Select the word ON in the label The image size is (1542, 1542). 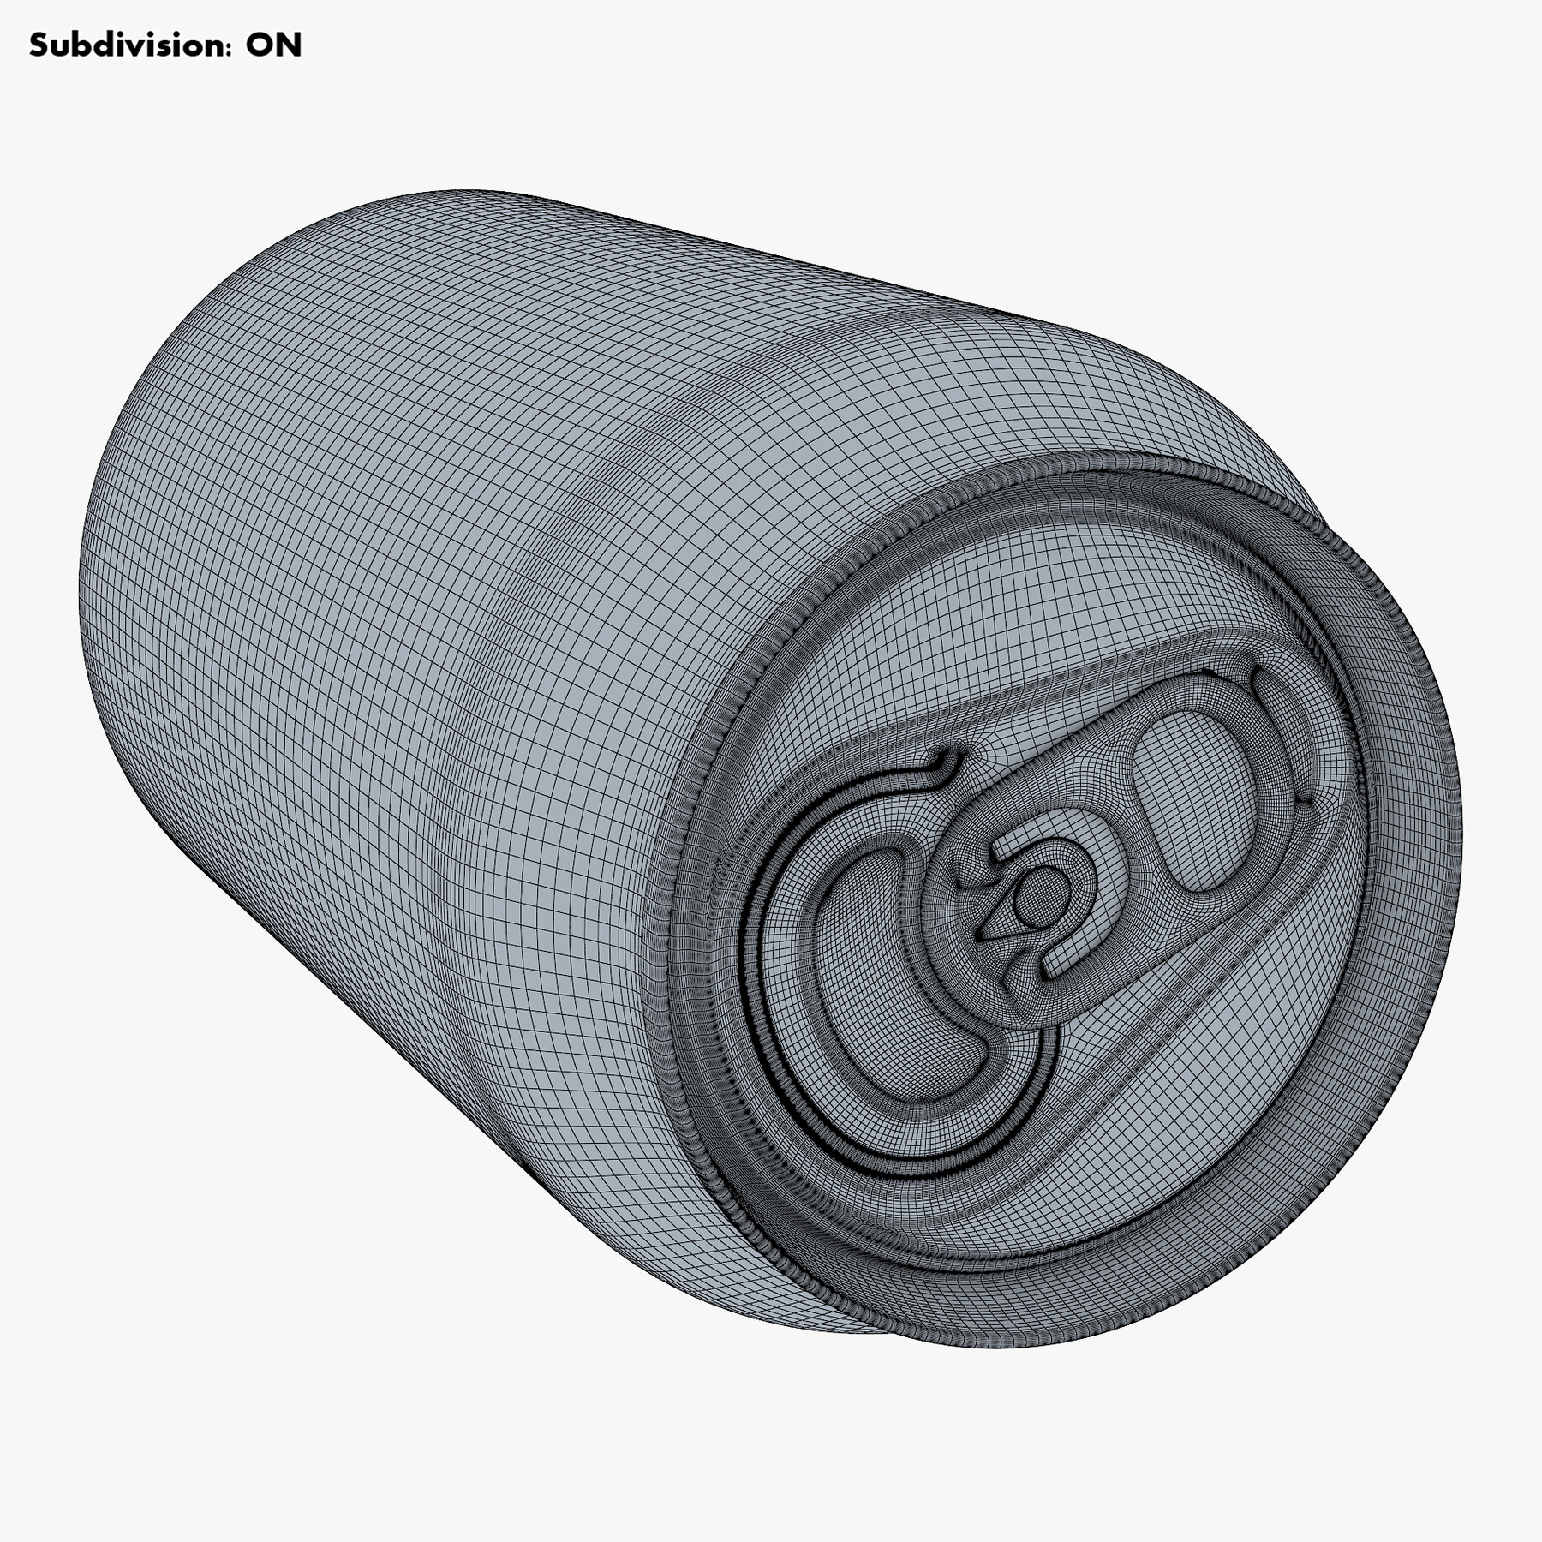274,45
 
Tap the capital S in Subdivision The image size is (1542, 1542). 39,45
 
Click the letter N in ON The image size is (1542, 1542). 290,45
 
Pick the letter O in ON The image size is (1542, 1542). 260,45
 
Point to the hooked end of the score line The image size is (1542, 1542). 947,762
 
